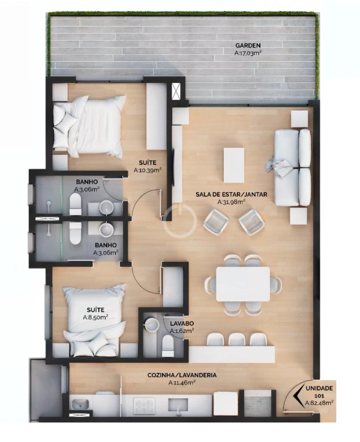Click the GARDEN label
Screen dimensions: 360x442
point(248,45)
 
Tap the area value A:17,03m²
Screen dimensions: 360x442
point(248,52)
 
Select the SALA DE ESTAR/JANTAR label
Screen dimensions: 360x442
point(231,194)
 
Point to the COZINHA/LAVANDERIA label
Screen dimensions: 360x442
point(182,375)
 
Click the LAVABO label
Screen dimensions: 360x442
point(182,323)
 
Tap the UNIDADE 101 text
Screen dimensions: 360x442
point(319,392)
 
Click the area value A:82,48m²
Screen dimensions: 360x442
point(319,403)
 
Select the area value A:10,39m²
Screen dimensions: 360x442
point(148,170)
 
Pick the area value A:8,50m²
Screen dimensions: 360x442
point(95,317)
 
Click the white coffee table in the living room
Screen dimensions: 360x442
point(234,165)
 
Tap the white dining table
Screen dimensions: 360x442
point(243,284)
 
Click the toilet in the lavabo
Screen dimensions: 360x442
point(168,346)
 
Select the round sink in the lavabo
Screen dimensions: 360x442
point(151,324)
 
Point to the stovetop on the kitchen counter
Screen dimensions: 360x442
point(144,405)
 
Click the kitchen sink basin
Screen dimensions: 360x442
point(80,405)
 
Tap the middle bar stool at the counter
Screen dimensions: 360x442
point(237,340)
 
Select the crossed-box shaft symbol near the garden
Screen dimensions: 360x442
point(177,91)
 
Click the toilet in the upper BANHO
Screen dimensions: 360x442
point(75,205)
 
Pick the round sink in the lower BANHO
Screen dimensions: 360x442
point(106,229)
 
